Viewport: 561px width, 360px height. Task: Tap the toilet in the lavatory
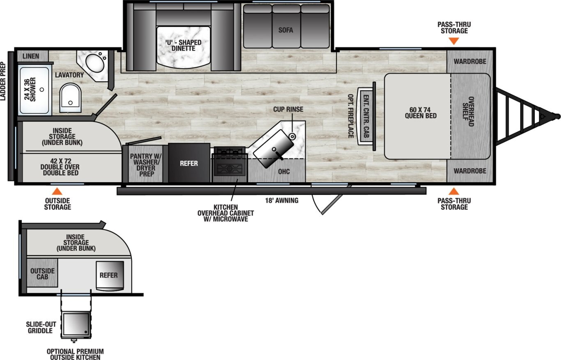tap(70, 97)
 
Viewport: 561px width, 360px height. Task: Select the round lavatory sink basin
tap(96, 64)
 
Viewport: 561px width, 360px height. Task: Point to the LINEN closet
tap(31, 56)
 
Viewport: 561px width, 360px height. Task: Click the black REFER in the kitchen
tap(189, 163)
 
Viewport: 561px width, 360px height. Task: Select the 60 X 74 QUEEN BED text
tap(420, 112)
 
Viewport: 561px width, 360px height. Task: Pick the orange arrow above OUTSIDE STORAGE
tap(57, 191)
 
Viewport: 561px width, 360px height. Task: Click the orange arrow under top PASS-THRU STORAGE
tap(454, 41)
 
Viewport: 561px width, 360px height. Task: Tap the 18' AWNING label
tap(281, 201)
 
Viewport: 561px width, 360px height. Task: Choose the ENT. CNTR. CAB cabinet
tap(366, 116)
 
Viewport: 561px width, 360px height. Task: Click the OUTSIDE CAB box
tap(42, 273)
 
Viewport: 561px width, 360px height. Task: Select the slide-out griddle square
tap(76, 325)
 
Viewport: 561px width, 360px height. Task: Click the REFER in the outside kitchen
tap(109, 275)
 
